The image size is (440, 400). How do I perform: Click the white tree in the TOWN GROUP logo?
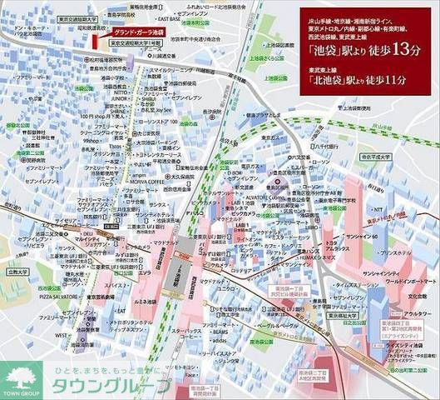coord(19,372)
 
